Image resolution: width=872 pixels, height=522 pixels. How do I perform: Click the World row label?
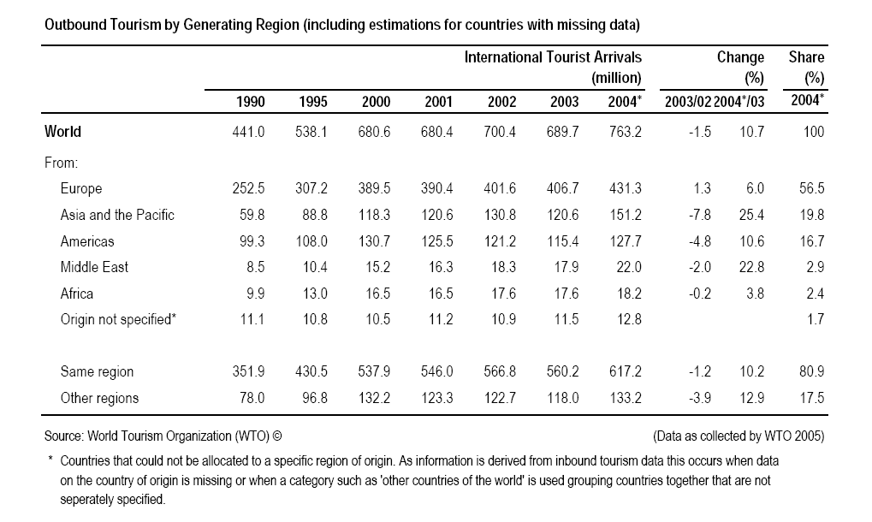[x=62, y=132]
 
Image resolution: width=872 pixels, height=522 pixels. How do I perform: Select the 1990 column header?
[x=250, y=102]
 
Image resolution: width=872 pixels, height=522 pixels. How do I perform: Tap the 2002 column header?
[x=501, y=102]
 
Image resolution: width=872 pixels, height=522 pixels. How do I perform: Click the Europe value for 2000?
[x=374, y=188]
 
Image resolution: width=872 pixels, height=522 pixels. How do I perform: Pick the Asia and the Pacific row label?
[x=117, y=215]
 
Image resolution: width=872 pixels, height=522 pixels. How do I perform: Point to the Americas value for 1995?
[x=311, y=241]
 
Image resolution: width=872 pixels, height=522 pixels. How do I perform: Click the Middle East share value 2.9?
[x=816, y=267]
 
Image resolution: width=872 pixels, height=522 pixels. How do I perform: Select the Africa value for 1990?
[x=255, y=294]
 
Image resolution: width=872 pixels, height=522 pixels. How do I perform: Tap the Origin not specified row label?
[x=118, y=320]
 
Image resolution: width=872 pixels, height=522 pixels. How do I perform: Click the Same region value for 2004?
[x=626, y=371]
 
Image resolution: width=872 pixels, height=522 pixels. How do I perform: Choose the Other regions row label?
[x=99, y=398]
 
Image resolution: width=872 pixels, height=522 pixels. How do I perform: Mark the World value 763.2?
[x=626, y=132]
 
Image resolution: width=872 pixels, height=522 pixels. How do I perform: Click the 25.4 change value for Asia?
[x=752, y=215]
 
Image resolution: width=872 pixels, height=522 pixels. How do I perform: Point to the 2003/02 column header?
[x=688, y=102]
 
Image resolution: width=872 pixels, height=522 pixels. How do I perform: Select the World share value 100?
[x=814, y=132]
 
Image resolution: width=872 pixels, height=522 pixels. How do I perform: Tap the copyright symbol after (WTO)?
[x=277, y=436]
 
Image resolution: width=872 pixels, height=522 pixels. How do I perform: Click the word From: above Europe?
[x=61, y=163]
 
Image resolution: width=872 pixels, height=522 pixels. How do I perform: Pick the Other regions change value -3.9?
[x=700, y=398]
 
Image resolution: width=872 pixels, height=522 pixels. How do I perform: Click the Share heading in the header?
[x=806, y=57]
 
